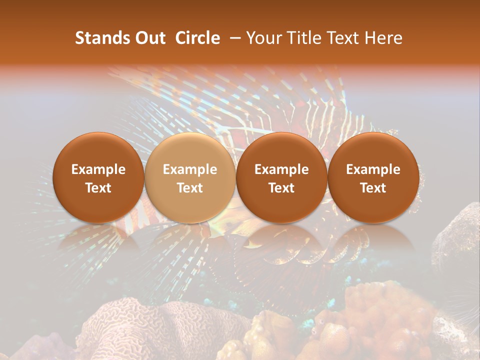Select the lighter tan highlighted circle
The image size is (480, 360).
[190, 177]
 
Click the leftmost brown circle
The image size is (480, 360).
[98, 177]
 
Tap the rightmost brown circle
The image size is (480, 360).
[373, 177]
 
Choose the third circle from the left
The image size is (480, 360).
[281, 177]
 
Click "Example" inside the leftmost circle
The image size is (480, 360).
[98, 169]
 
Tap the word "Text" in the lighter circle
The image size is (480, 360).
[190, 188]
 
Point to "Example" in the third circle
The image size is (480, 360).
[281, 169]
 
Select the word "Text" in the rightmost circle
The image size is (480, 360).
[373, 188]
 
